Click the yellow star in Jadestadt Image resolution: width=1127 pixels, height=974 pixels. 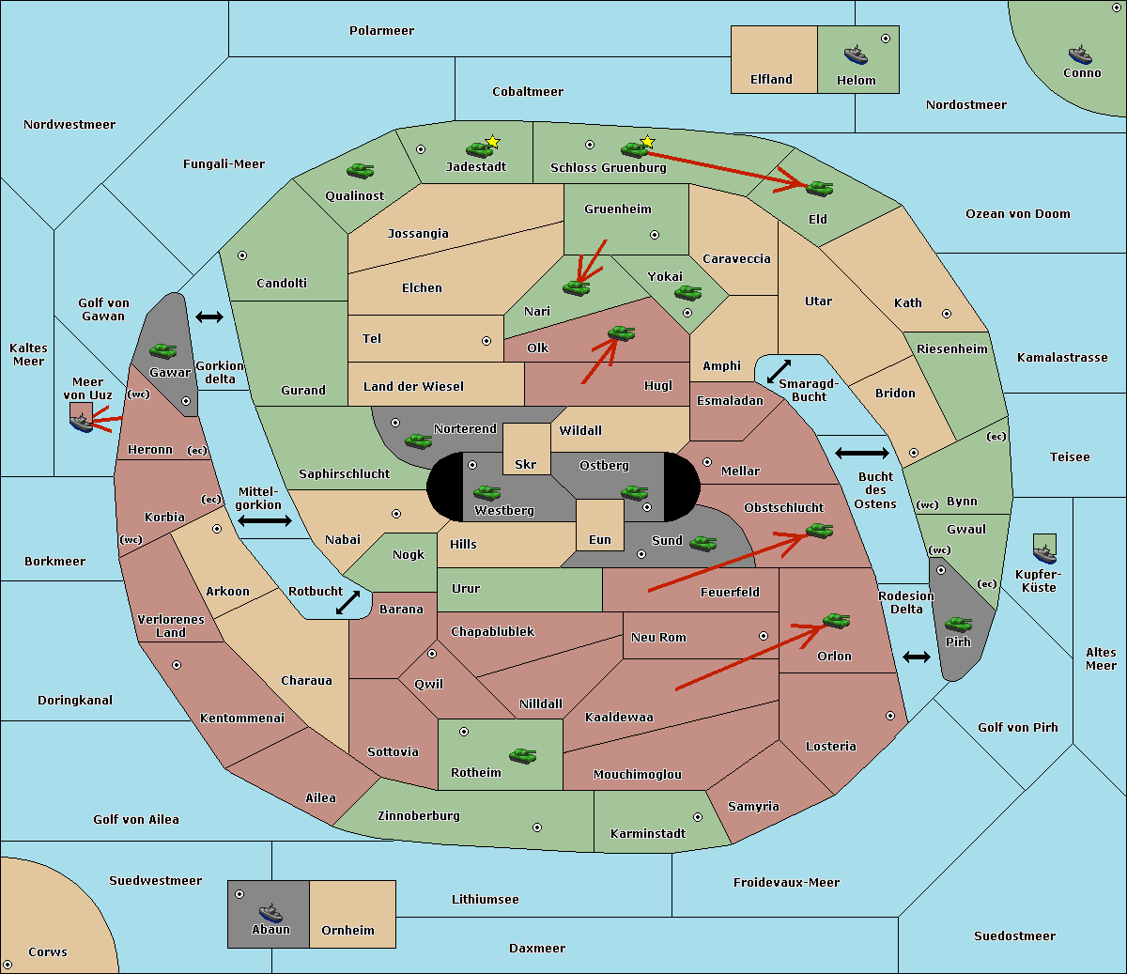[492, 142]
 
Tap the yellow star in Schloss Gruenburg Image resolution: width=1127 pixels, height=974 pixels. [647, 142]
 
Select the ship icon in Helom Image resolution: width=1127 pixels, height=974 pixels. [856, 54]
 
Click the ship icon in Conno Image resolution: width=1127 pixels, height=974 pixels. [1080, 54]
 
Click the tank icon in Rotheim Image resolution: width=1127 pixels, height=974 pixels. [523, 756]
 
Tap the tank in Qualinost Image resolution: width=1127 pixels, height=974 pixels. [361, 171]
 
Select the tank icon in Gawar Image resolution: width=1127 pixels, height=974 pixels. [163, 350]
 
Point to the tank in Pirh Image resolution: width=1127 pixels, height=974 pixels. [958, 624]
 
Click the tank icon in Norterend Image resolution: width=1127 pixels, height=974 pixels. [418, 441]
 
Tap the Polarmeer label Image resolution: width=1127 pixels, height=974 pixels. [381, 31]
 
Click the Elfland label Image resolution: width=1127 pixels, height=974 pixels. [771, 80]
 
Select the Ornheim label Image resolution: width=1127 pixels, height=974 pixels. [347, 931]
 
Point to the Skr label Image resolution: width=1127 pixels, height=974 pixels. [526, 464]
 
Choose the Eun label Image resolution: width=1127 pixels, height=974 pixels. [600, 540]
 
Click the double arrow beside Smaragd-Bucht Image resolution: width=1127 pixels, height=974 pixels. [779, 371]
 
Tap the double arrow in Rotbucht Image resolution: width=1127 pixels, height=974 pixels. [347, 603]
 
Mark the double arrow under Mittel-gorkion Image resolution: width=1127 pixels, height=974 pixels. [265, 521]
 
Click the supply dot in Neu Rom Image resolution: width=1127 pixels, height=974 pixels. [764, 636]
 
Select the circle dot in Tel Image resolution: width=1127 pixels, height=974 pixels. [486, 341]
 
